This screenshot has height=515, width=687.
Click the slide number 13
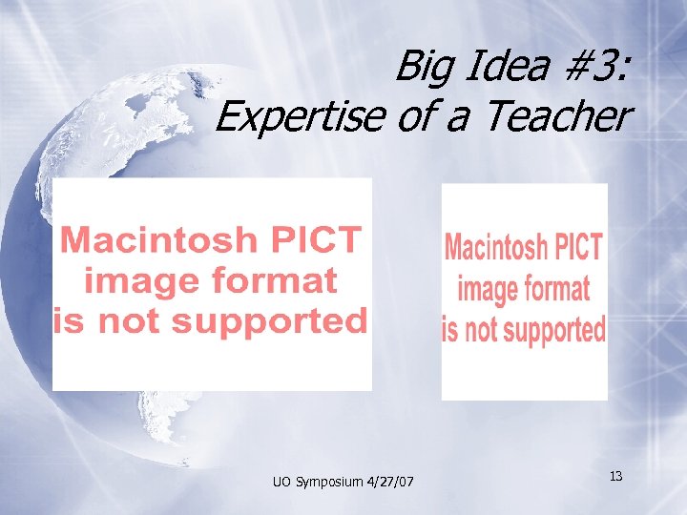(615, 475)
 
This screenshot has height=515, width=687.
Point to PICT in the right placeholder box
(578, 248)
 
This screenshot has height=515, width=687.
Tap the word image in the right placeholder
(486, 289)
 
